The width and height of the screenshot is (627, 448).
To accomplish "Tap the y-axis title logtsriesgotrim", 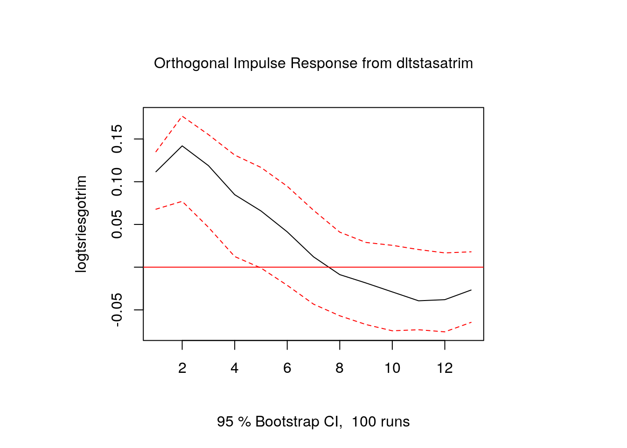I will [81, 224].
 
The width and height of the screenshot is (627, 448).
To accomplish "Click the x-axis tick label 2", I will [182, 368].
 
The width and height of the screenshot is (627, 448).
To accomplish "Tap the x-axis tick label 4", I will [235, 368].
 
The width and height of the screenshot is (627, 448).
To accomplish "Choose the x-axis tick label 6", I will [287, 368].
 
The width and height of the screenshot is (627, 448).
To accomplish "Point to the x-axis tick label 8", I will [340, 368].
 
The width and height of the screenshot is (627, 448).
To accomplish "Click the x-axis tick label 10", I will [392, 368].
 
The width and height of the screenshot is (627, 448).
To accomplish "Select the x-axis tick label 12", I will [445, 368].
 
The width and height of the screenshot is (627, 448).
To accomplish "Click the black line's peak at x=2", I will [182, 146].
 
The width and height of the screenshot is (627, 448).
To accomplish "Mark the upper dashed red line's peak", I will [182, 116].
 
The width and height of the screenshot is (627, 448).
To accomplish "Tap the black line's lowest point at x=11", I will [418, 301].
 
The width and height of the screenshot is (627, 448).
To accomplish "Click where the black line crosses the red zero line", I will [329, 267].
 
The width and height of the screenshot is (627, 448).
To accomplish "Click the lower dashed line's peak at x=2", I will [182, 201].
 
